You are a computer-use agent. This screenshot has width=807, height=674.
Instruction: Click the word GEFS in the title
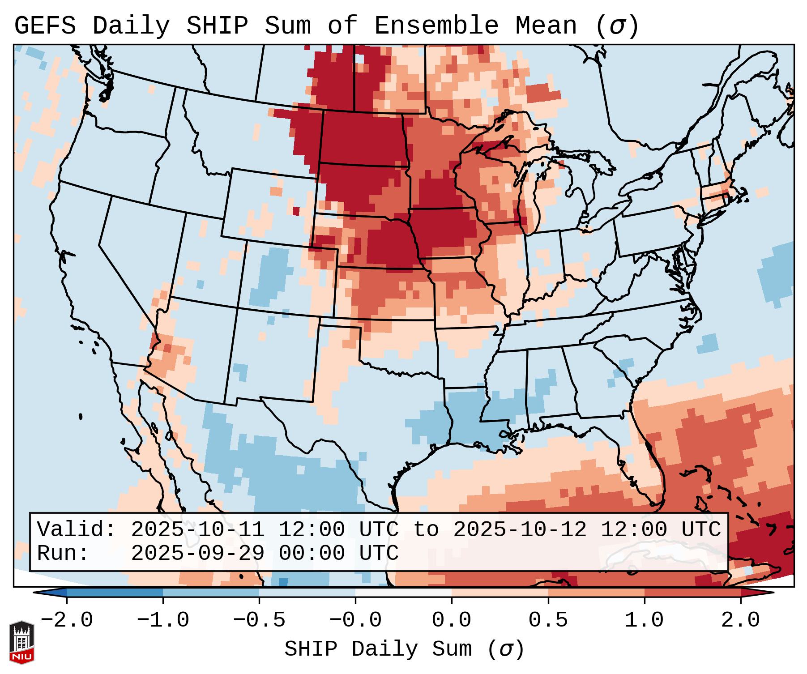tap(45, 26)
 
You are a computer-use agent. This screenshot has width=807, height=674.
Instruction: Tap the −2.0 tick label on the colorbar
tap(67, 620)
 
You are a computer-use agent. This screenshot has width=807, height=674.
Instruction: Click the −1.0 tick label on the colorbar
tap(163, 620)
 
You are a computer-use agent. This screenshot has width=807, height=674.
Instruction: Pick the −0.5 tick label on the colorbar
tap(259, 620)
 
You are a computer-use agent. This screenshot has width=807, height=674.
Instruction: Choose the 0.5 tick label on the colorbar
tap(548, 620)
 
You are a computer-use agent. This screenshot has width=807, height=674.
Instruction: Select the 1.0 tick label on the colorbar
tap(645, 620)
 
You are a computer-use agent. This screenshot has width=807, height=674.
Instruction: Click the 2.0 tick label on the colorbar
tap(741, 620)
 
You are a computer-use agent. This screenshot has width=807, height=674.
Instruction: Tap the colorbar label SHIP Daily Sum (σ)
tap(404, 649)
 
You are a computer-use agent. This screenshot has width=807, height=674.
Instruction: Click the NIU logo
tap(21, 642)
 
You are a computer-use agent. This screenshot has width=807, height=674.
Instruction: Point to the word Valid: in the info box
tap(77, 529)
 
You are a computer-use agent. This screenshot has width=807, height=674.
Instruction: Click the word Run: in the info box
tap(63, 553)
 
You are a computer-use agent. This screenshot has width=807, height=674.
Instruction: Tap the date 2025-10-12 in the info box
tap(520, 529)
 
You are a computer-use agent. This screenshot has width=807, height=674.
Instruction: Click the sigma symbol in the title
tap(616, 26)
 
